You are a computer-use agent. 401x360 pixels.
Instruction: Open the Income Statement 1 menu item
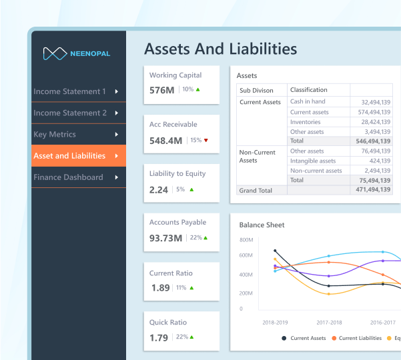(69, 91)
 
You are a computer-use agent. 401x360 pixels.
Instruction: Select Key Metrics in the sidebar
(54, 135)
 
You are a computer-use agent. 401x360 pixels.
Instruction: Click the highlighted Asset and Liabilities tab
(69, 156)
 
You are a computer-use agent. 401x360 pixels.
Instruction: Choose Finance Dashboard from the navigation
(68, 177)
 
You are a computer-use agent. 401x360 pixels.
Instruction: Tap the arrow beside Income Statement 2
(117, 113)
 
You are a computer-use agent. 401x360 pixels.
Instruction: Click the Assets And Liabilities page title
(220, 49)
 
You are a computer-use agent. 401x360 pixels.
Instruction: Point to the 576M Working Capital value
(162, 89)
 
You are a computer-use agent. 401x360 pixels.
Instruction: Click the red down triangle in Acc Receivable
(206, 140)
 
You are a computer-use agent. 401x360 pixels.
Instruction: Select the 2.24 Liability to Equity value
(159, 190)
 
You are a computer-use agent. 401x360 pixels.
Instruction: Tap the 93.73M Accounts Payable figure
(165, 238)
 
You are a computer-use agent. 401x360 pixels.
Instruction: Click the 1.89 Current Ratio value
(160, 288)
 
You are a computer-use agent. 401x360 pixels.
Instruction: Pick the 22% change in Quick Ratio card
(182, 337)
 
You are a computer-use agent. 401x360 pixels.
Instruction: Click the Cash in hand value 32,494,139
(375, 102)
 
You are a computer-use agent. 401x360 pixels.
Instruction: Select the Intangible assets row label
(312, 161)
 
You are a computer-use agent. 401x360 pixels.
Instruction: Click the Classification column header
(309, 90)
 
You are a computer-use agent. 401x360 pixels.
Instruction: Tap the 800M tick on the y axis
(246, 240)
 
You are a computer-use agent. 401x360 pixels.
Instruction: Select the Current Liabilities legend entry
(360, 338)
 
